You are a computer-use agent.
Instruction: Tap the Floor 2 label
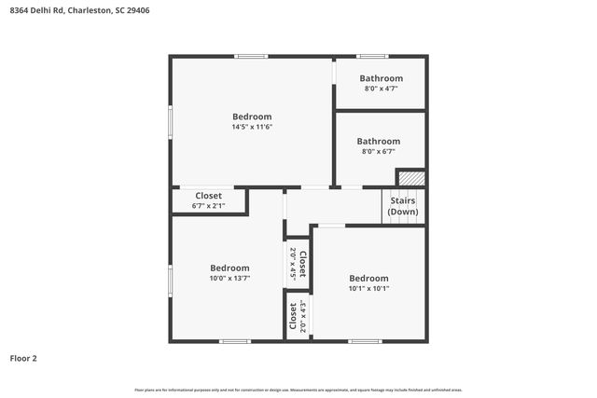(23, 357)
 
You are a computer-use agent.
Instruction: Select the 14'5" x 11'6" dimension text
(252, 127)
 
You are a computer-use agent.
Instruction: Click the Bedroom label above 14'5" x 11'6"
(252, 117)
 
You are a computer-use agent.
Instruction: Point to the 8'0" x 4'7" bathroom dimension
(382, 89)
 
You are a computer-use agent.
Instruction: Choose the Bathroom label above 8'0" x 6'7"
(378, 142)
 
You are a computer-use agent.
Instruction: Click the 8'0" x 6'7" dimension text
(378, 152)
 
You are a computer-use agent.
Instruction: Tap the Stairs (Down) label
(403, 206)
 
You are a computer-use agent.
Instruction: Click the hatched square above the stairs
(411, 177)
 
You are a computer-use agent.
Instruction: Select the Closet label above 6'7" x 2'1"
(208, 196)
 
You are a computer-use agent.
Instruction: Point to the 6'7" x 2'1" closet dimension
(208, 206)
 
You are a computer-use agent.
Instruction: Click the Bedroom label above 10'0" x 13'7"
(229, 268)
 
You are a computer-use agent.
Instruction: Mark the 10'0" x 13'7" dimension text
(229, 278)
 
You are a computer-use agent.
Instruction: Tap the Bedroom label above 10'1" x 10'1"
(368, 278)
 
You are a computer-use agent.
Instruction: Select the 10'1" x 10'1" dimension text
(368, 288)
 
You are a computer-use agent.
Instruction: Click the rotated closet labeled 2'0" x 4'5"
(298, 265)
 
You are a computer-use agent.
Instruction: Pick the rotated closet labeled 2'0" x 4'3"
(298, 317)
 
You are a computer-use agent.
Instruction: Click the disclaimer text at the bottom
(298, 390)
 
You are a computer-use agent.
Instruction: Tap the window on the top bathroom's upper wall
(372, 57)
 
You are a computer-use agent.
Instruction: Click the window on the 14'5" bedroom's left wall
(171, 121)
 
